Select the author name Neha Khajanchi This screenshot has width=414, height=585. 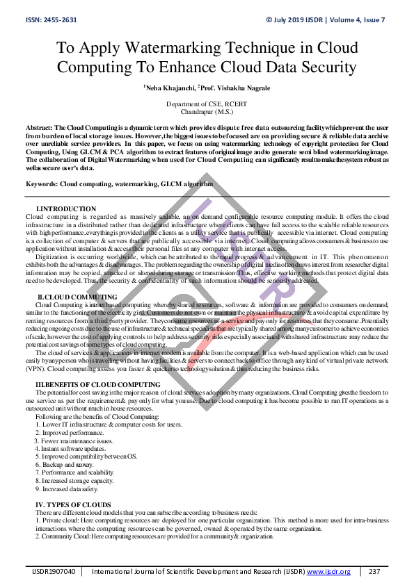click(170, 89)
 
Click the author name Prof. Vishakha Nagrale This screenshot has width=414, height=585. click(234, 89)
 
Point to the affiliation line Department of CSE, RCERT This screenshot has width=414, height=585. click(206, 104)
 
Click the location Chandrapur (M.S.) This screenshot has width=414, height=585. click(206, 110)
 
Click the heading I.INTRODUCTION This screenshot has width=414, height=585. click(66, 209)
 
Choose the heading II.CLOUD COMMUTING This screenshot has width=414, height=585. click(77, 297)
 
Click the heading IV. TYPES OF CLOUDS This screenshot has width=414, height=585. click(73, 504)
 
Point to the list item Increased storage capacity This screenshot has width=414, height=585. click(74, 480)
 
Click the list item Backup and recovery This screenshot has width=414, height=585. click(63, 465)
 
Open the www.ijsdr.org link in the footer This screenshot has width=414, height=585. click(329, 572)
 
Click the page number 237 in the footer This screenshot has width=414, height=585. click(374, 572)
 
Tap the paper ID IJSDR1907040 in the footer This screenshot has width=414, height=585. click(54, 572)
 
